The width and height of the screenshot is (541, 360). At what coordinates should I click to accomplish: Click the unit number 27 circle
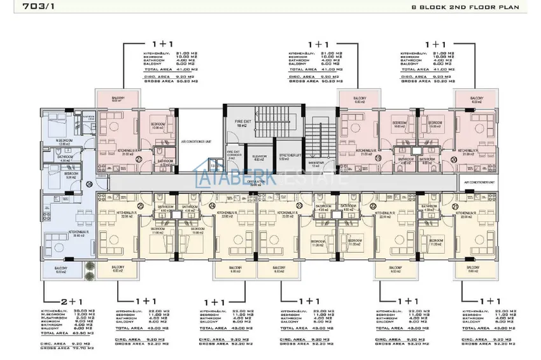157,150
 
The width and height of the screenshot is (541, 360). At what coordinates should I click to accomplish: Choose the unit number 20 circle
453,158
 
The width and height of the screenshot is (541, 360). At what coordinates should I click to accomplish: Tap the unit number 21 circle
472,206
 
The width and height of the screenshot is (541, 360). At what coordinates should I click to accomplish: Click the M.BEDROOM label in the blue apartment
64,141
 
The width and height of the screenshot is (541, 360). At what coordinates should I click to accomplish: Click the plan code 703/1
23,8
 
